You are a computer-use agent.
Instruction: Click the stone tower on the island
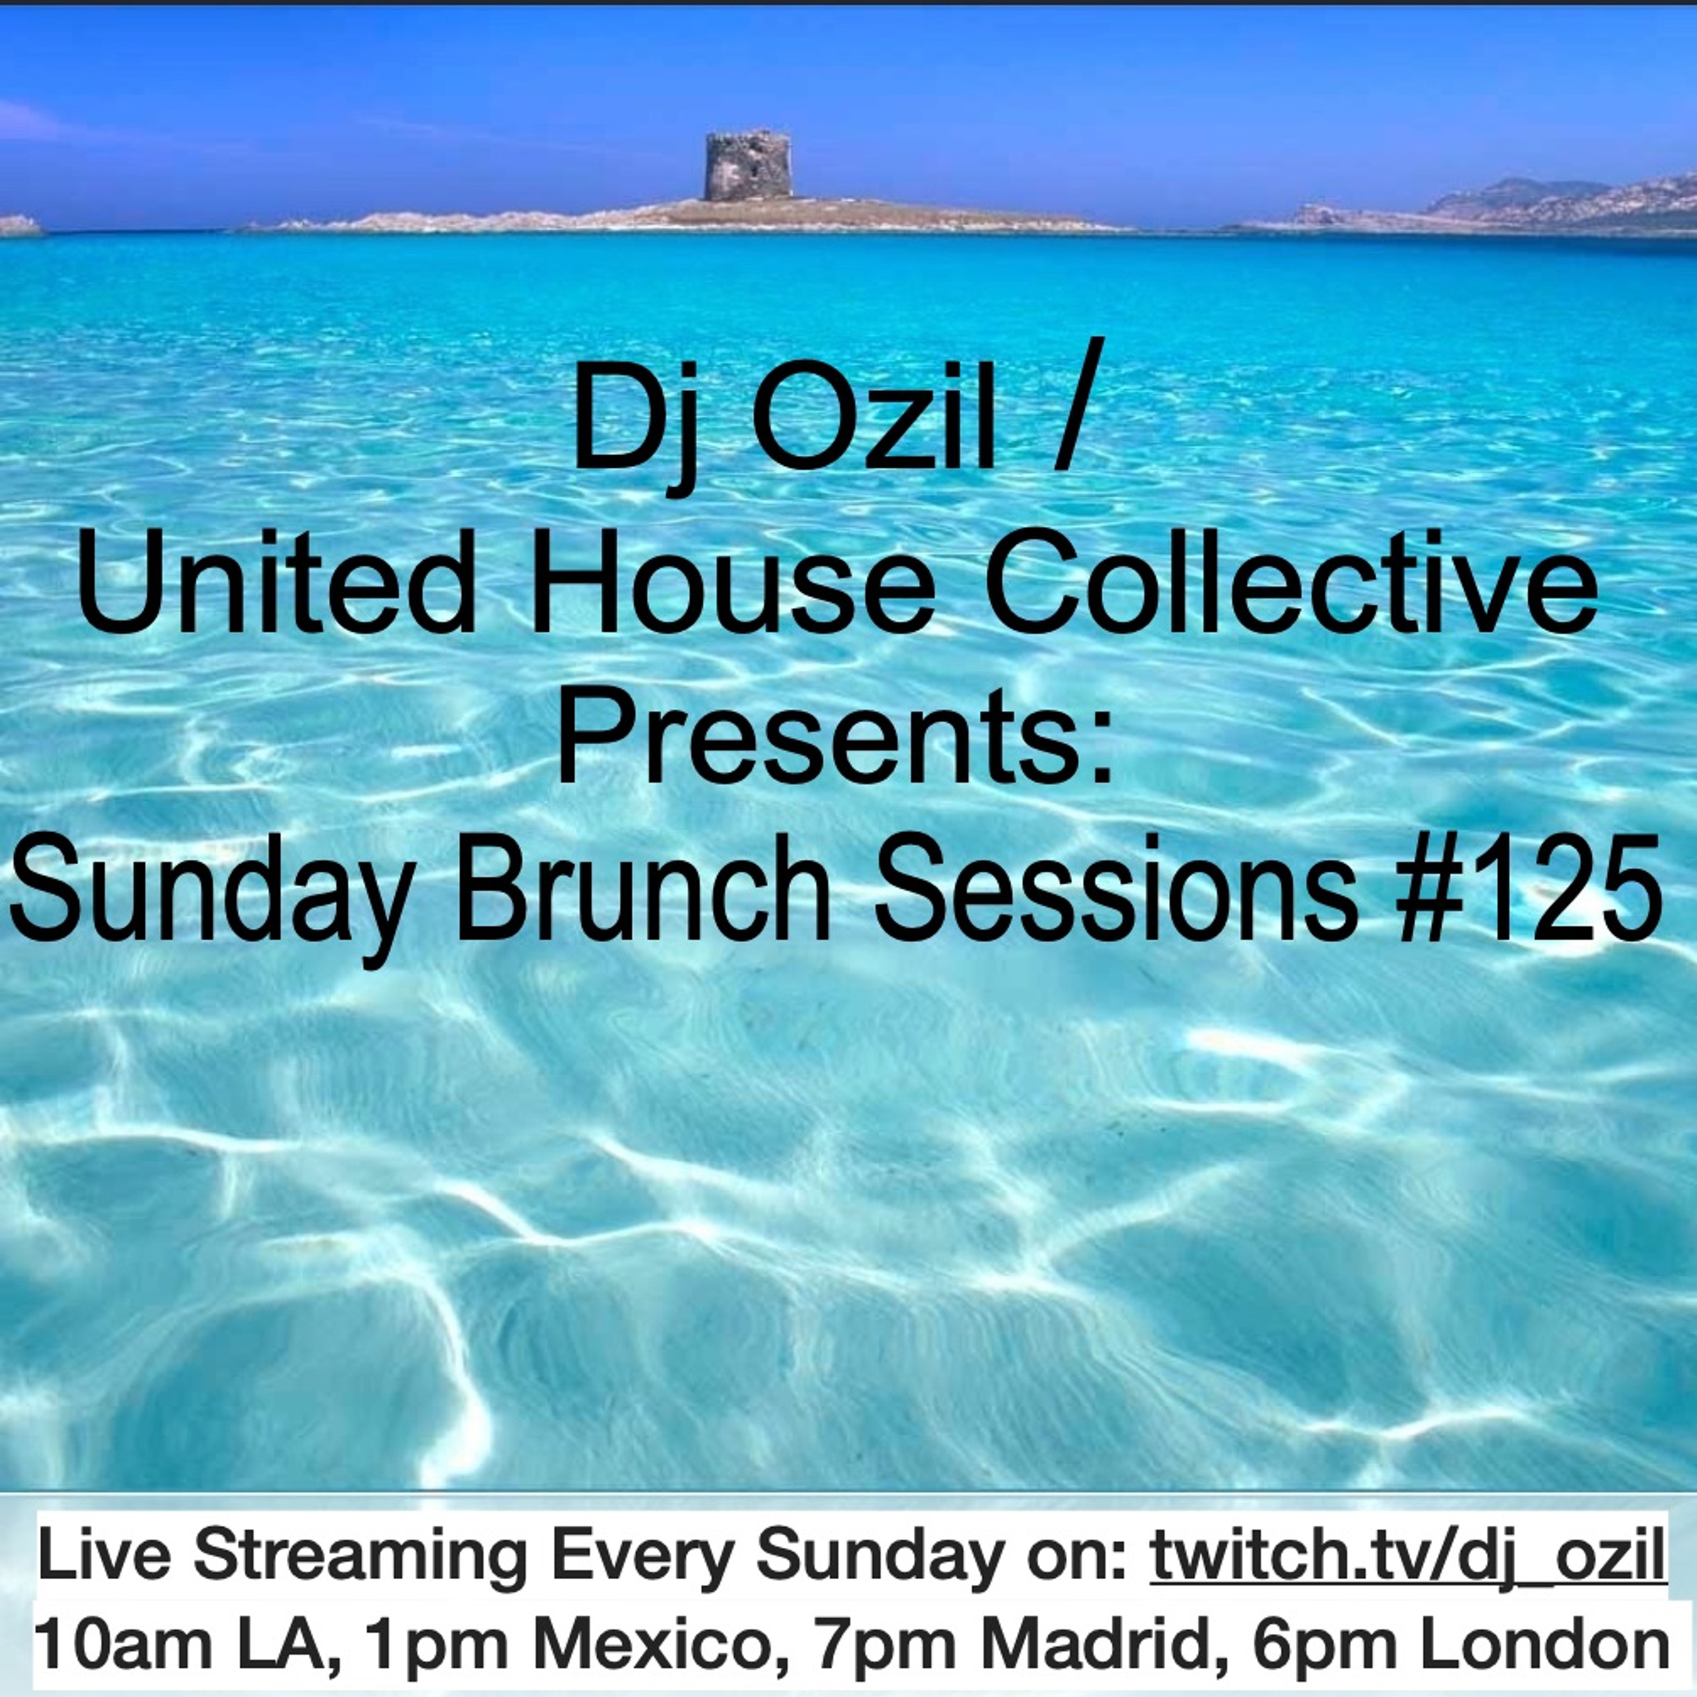click(747, 167)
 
